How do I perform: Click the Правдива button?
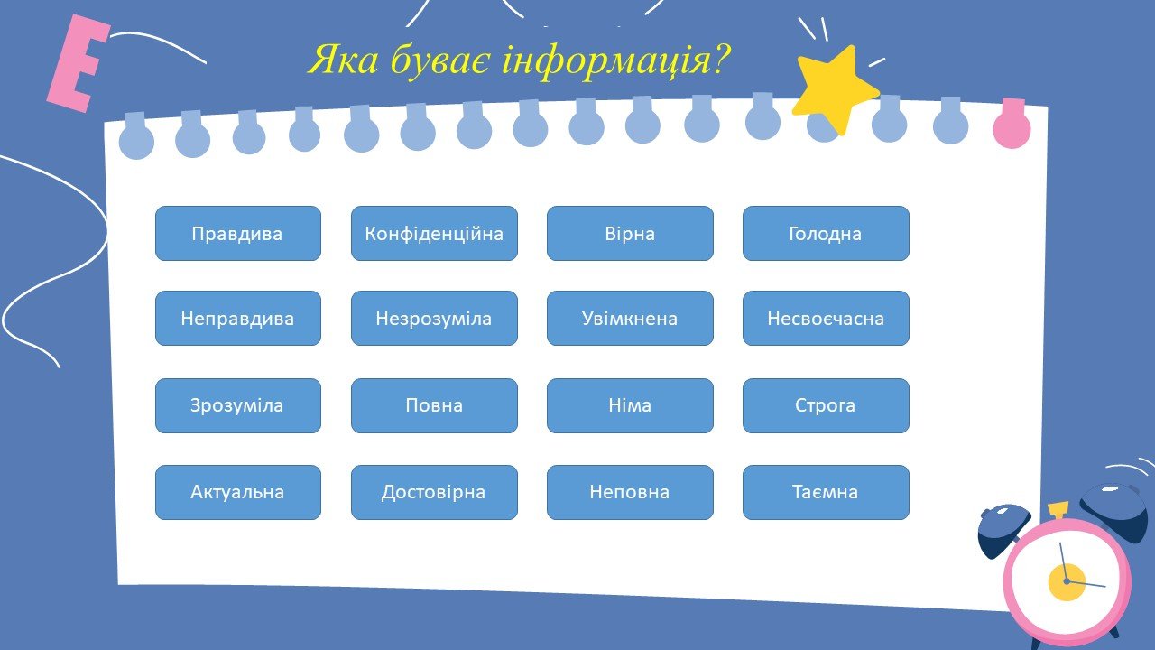click(237, 233)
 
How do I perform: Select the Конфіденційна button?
click(434, 233)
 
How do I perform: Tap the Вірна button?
click(630, 233)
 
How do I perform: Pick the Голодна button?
click(826, 233)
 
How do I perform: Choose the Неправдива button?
click(237, 319)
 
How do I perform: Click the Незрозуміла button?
click(434, 319)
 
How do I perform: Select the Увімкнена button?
click(630, 319)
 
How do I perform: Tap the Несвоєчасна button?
click(826, 319)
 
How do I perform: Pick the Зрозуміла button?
click(237, 405)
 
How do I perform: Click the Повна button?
click(434, 405)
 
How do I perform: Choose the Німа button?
click(630, 405)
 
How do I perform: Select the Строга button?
click(826, 405)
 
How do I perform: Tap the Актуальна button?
click(237, 492)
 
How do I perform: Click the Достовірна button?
click(434, 492)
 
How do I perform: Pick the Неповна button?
click(630, 492)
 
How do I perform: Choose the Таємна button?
click(826, 492)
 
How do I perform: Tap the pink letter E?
click(78, 64)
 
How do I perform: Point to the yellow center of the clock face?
click(1067, 582)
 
